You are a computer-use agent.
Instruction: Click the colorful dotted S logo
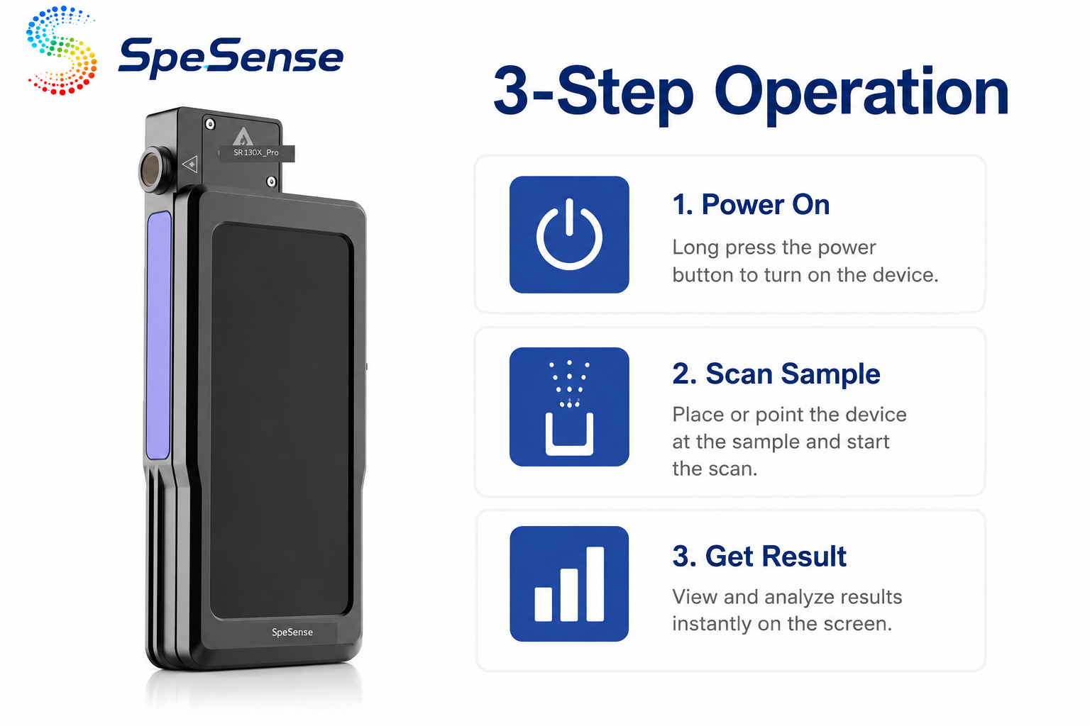61,50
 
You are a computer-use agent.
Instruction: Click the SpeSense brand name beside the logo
231,58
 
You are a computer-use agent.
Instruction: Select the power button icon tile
569,235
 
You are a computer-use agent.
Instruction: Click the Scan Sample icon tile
569,407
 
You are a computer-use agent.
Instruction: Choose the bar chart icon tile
569,583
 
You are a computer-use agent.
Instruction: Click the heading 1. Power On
751,205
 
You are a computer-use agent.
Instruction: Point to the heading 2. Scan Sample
776,374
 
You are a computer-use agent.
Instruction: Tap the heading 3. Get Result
759,557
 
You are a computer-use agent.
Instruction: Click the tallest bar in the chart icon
595,584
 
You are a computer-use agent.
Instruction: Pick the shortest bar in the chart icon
543,604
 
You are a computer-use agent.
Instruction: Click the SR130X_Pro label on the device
256,152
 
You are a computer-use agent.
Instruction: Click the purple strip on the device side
159,335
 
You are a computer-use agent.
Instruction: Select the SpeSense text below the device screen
292,632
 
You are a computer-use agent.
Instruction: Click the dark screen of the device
281,420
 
